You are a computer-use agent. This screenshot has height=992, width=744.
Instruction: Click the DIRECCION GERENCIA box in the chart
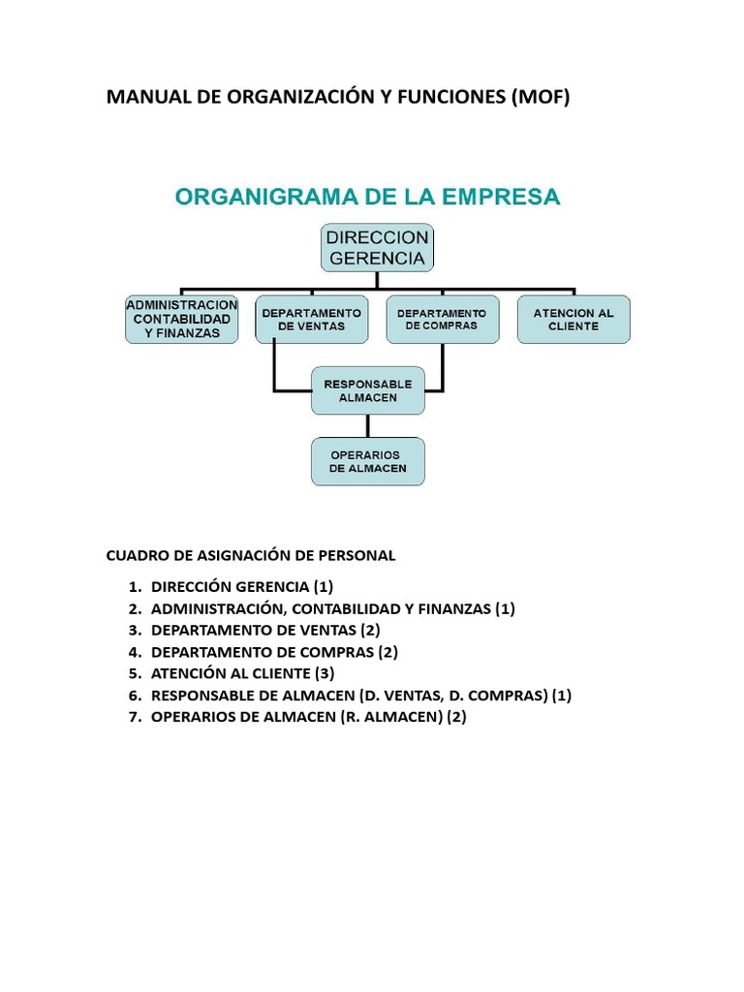coord(377,248)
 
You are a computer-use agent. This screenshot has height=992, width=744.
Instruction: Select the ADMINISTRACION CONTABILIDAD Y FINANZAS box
coord(181,319)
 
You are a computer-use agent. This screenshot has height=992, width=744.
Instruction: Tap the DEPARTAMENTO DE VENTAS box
coord(311,319)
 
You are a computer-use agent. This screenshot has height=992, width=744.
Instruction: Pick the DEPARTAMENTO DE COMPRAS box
coord(442,319)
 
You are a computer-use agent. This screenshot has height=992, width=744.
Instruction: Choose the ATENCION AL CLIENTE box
coord(573,319)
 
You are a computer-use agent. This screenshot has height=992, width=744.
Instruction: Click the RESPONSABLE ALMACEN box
coord(367,390)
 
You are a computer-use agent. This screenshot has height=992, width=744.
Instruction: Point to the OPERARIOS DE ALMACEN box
coord(367,461)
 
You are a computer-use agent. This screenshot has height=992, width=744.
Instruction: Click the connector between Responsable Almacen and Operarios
coord(367,426)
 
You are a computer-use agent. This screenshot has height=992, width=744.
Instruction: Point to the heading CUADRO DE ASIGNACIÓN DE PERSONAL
coord(250,555)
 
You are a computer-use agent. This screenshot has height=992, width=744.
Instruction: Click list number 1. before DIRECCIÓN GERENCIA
coord(134,587)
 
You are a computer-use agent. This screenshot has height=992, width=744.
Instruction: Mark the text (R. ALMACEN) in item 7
coord(393,717)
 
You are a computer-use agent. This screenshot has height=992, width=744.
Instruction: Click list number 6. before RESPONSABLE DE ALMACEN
coord(134,696)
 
